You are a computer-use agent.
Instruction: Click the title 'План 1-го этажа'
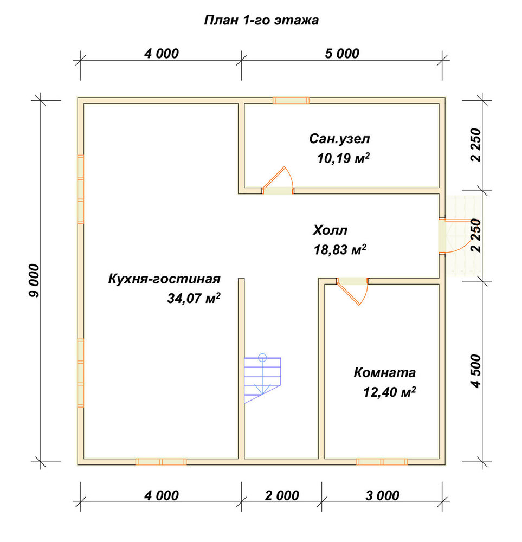[x=261, y=20]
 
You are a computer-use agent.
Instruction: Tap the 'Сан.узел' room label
[x=339, y=139]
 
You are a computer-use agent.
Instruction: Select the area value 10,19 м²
[x=343, y=158]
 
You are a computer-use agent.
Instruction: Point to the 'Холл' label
[x=330, y=230]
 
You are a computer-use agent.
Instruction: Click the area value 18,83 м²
[x=340, y=249]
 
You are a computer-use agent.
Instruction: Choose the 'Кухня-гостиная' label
[x=164, y=279]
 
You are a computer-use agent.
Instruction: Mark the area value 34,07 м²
[x=194, y=298]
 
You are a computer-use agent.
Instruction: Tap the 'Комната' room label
[x=384, y=373]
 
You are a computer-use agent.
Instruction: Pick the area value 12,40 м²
[x=389, y=392]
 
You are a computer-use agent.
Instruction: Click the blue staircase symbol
[x=262, y=378]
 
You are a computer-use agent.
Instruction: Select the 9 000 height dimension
[x=34, y=281]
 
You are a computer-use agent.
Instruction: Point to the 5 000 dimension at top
[x=342, y=54]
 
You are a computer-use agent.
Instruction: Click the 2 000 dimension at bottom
[x=282, y=496]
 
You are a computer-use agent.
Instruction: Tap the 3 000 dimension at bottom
[x=382, y=496]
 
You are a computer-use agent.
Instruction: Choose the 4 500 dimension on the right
[x=476, y=371]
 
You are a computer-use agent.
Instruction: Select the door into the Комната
[x=352, y=291]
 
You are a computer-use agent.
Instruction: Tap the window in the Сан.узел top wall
[x=291, y=100]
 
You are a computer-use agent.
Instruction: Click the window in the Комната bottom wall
[x=382, y=461]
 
